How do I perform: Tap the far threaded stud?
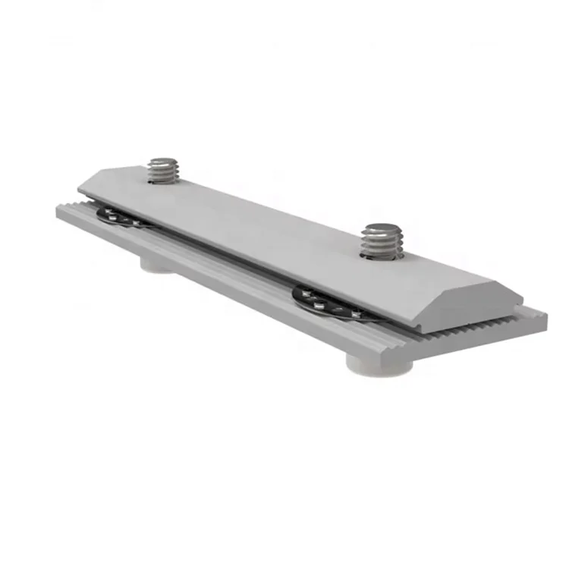164,170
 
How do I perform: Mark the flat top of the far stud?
164,162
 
